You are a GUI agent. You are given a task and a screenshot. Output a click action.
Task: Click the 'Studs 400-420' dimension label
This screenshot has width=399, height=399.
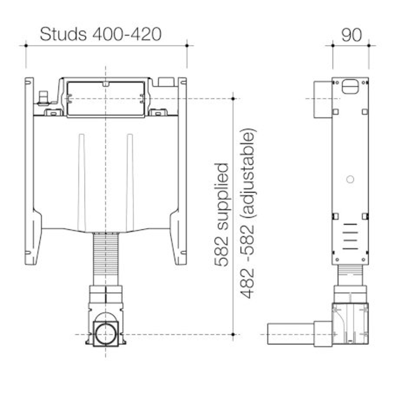pyautogui.click(x=100, y=34)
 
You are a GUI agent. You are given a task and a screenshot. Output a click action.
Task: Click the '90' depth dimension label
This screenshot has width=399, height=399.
pyautogui.click(x=351, y=35)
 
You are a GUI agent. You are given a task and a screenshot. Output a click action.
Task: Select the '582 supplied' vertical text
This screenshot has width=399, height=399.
pyautogui.click(x=222, y=214)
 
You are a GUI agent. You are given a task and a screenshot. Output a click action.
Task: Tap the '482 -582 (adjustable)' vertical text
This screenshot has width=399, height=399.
pyautogui.click(x=248, y=214)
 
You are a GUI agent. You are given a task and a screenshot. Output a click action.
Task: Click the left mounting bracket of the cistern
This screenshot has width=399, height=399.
pyautogui.click(x=30, y=170)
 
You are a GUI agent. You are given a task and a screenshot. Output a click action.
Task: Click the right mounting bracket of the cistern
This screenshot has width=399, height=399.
pyautogui.click(x=182, y=170)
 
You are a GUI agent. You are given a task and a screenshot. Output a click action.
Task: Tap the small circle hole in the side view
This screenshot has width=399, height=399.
pyautogui.click(x=350, y=179)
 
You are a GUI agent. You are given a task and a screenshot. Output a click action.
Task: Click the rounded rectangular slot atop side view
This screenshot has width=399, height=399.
pyautogui.click(x=350, y=86)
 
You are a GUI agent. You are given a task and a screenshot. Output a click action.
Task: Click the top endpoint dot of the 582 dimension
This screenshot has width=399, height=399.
pyautogui.click(x=233, y=99)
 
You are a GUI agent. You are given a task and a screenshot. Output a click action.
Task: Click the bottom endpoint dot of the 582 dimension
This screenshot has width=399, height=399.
pyautogui.click(x=233, y=334)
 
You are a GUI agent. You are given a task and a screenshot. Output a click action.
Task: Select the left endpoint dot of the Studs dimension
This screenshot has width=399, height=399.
pyautogui.click(x=26, y=45)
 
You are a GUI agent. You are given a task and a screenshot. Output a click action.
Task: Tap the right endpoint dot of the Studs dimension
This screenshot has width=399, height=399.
pyautogui.click(x=187, y=45)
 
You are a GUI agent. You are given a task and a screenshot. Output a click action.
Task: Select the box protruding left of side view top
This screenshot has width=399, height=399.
pyautogui.click(x=323, y=99)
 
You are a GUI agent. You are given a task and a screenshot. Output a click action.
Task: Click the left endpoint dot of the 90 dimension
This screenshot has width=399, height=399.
pyautogui.click(x=332, y=45)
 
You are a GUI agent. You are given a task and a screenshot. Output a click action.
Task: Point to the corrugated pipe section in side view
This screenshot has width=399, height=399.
pyautogui.click(x=350, y=275)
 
